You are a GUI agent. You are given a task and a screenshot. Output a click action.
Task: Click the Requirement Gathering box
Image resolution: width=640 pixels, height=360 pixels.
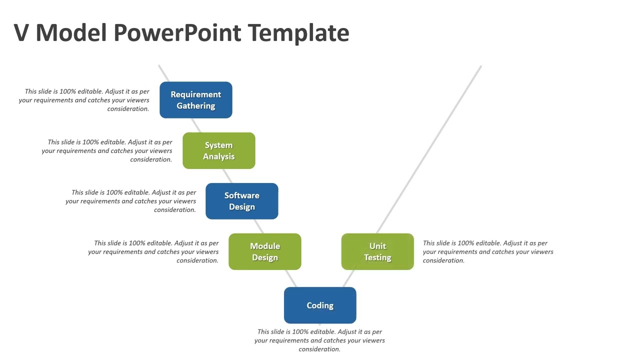tap(195, 100)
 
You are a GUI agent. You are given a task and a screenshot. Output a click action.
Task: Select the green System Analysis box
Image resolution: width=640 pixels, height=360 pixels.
tap(218, 150)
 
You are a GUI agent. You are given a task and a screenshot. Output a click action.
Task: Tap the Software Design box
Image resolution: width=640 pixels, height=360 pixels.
tap(241, 201)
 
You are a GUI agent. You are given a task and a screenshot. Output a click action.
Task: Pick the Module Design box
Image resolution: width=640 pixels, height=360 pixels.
tap(264, 251)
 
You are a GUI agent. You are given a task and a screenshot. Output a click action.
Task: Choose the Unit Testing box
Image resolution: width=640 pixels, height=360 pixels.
tap(377, 251)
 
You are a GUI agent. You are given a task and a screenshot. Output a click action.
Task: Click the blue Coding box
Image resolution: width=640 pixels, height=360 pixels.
tap(320, 305)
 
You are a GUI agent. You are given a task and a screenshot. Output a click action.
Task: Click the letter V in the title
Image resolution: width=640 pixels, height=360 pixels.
tap(22, 32)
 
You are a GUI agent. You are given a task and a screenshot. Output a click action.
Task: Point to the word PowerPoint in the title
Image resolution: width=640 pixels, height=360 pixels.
tap(178, 32)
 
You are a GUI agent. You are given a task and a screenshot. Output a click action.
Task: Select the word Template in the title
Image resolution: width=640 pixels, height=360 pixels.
tap(298, 32)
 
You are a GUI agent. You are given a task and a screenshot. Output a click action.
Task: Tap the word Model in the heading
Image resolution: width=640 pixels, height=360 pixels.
tap(71, 32)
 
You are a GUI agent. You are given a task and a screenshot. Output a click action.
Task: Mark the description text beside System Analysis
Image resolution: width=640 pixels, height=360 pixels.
tap(107, 150)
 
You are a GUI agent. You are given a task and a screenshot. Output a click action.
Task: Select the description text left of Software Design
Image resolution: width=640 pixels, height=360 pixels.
tap(131, 201)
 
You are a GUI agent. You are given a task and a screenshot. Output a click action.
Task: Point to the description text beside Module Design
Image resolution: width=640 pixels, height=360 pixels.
tap(154, 251)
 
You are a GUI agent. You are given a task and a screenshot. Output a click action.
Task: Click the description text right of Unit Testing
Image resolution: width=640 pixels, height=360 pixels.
tap(487, 251)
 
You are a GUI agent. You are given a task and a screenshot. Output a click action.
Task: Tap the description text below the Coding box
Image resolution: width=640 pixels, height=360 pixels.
tap(319, 340)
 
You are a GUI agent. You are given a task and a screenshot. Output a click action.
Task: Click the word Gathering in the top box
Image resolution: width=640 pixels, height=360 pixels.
tap(195, 106)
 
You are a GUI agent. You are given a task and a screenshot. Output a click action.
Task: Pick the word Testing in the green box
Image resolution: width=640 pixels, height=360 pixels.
tap(377, 257)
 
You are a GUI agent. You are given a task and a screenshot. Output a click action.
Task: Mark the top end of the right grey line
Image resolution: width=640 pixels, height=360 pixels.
tap(480, 66)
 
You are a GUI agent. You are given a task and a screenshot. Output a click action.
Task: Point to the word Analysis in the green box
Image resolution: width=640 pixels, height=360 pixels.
tap(218, 156)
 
